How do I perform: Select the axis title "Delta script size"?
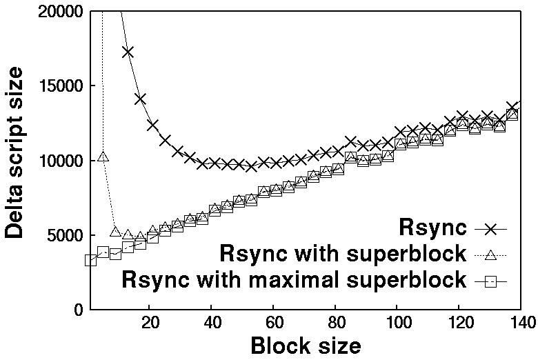tap(15, 160)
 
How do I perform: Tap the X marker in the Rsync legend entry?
tap(491, 228)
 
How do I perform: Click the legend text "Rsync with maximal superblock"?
tap(294, 280)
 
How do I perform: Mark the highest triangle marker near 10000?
tap(103, 157)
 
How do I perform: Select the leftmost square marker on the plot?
tap(90, 260)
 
